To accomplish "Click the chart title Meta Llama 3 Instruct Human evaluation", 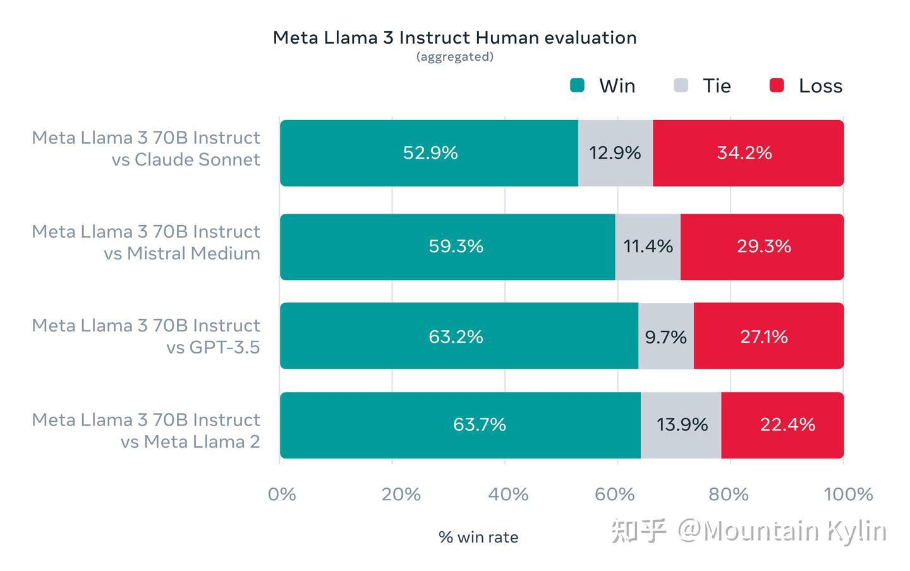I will [454, 38].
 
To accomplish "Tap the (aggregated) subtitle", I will [454, 57].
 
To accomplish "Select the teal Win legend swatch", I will [577, 85].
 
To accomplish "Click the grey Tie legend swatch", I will [681, 85].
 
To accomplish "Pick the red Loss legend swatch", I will [777, 85].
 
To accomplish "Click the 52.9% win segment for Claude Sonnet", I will [429, 153].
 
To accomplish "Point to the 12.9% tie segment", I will [615, 153].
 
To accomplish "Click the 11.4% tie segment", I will [648, 247].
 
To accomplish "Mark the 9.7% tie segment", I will [665, 336].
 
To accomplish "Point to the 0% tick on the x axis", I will [282, 494].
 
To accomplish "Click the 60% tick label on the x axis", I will [615, 494].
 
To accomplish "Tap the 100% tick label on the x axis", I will [848, 494].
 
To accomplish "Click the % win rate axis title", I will [478, 537].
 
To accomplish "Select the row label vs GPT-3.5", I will [212, 347].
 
